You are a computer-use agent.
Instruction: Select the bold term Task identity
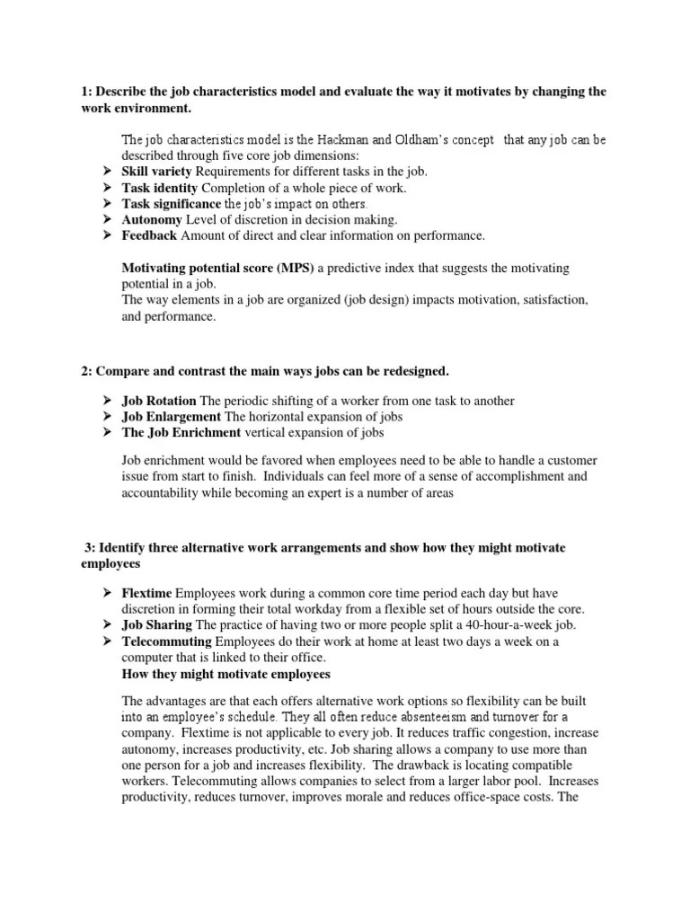pyautogui.click(x=161, y=187)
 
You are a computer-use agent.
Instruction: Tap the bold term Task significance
pyautogui.click(x=172, y=203)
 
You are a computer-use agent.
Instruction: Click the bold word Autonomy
pyautogui.click(x=152, y=219)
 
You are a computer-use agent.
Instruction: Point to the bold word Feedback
pyautogui.click(x=150, y=235)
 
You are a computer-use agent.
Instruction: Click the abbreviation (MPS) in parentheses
pyautogui.click(x=296, y=269)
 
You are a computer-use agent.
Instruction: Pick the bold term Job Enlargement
pyautogui.click(x=171, y=416)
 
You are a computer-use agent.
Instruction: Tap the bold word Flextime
pyautogui.click(x=147, y=592)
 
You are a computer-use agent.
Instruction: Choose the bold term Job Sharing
pyautogui.click(x=156, y=624)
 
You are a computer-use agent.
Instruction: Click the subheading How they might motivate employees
pyautogui.click(x=226, y=673)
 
